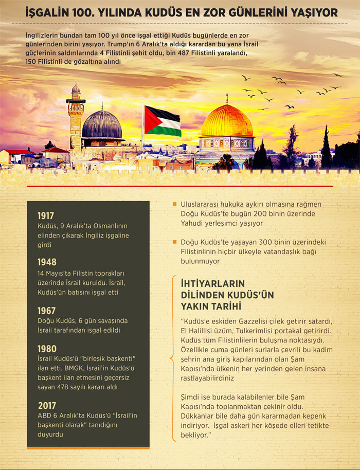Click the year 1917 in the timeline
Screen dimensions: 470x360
tap(46, 216)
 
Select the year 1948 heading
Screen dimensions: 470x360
tap(47, 262)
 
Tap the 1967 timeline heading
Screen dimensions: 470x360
tap(46, 311)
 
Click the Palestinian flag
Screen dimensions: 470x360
tap(162, 120)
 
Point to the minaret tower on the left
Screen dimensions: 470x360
tap(75, 118)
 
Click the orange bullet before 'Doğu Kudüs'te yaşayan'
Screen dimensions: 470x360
tap(175, 242)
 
